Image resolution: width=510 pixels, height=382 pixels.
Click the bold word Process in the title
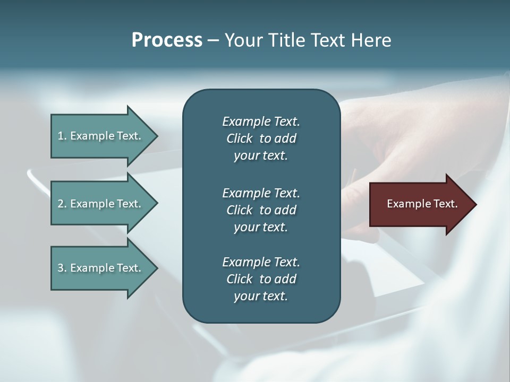(x=167, y=40)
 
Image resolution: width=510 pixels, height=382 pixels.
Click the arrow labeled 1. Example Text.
(x=101, y=136)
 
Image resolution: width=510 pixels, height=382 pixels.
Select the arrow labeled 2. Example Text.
(x=101, y=204)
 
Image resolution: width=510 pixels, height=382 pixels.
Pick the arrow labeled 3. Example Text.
(x=101, y=268)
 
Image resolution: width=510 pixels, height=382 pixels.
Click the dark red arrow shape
(x=420, y=204)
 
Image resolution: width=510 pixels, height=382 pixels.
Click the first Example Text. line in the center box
(x=261, y=121)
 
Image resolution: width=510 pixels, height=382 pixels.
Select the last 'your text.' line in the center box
(x=261, y=297)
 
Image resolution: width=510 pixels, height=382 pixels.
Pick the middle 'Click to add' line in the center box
(x=261, y=210)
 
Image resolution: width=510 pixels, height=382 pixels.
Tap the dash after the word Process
(x=213, y=40)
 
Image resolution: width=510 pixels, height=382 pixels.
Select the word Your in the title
(x=242, y=40)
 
